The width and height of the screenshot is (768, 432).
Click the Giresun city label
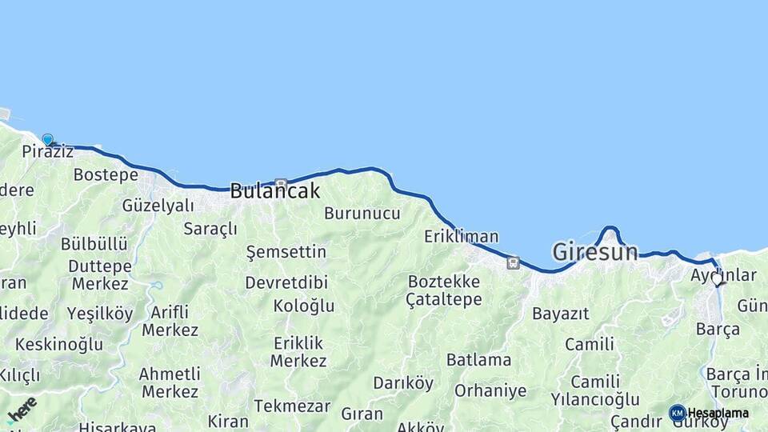click(x=595, y=253)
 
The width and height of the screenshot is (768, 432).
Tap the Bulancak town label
click(x=274, y=191)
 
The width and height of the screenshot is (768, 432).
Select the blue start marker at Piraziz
click(x=47, y=140)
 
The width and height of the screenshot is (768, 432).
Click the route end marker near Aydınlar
click(x=717, y=280)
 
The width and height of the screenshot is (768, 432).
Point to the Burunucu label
click(x=362, y=214)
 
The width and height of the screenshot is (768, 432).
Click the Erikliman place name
click(x=461, y=237)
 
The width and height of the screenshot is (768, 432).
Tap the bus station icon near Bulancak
click(x=280, y=183)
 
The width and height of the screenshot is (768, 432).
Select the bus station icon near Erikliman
click(x=513, y=262)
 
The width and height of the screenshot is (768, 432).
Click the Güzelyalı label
click(x=158, y=206)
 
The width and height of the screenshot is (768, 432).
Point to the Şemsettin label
click(x=286, y=253)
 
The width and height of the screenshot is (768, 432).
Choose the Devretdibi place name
click(x=286, y=282)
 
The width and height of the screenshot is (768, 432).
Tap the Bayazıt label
click(x=560, y=314)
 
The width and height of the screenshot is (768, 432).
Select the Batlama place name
click(x=478, y=360)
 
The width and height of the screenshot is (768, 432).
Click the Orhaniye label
click(x=490, y=391)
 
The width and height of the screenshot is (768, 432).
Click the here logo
click(x=21, y=410)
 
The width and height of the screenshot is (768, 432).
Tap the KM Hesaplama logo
click(x=709, y=413)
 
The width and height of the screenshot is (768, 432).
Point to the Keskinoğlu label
click(x=58, y=345)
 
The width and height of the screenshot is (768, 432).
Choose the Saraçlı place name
click(x=210, y=230)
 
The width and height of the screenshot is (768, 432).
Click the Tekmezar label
click(x=292, y=406)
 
